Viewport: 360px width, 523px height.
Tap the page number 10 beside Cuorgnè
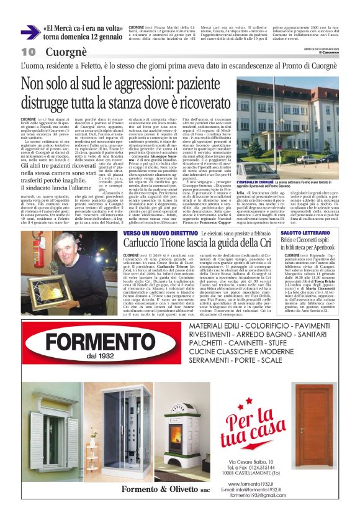[28, 52]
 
